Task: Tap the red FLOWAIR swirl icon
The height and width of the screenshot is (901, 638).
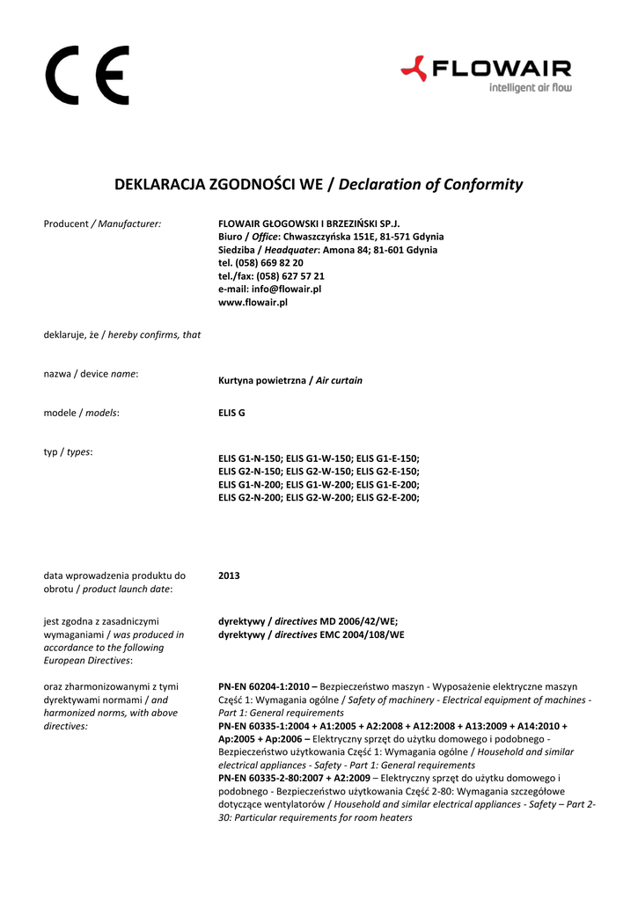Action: [x=414, y=68]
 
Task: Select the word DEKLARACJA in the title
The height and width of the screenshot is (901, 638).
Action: [x=159, y=185]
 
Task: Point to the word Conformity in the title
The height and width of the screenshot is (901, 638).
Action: [x=483, y=185]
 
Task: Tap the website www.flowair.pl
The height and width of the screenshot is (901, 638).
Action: [x=253, y=302]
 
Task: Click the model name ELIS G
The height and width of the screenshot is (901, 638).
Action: [x=231, y=413]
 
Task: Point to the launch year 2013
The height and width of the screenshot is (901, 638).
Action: [x=229, y=575]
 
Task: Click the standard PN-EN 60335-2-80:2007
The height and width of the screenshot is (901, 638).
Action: [x=272, y=779]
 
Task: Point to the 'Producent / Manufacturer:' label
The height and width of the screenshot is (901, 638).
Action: [x=102, y=224]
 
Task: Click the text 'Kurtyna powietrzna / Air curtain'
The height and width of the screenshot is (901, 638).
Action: [x=290, y=381]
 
